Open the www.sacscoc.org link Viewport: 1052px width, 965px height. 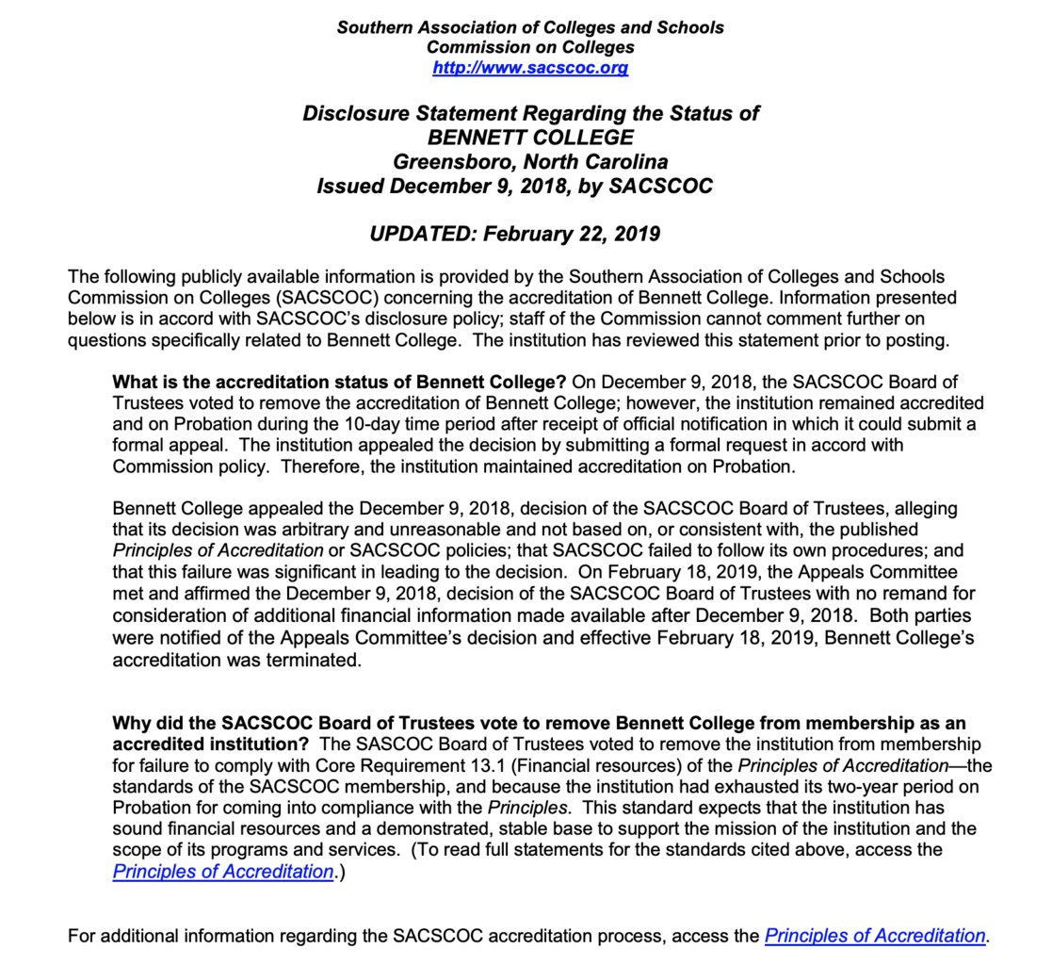pos(530,68)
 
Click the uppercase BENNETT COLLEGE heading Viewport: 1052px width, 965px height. pos(530,138)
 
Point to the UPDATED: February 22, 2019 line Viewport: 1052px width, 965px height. pos(515,234)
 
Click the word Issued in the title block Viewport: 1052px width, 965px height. pos(350,186)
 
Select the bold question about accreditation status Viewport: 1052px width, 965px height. pos(339,382)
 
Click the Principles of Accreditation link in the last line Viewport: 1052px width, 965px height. pos(875,936)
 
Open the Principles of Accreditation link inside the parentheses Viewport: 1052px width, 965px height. pos(223,871)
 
